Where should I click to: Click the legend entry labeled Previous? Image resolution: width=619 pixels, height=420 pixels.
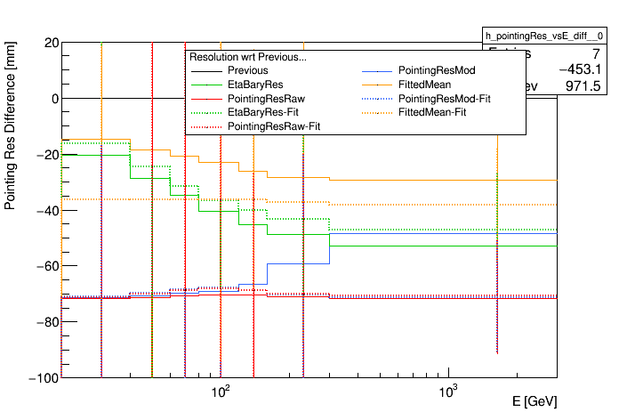[247, 70]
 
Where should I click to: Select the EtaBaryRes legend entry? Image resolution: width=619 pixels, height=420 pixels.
[253, 85]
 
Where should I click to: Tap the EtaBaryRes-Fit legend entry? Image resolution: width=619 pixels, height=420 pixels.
[262, 113]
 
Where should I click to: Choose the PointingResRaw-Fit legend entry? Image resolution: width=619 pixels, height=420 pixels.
[274, 127]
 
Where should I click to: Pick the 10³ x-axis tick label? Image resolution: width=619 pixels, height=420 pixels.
[448, 392]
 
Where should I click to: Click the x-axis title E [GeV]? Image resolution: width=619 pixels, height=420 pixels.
[535, 402]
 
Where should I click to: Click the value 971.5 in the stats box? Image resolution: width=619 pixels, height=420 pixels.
[583, 85]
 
